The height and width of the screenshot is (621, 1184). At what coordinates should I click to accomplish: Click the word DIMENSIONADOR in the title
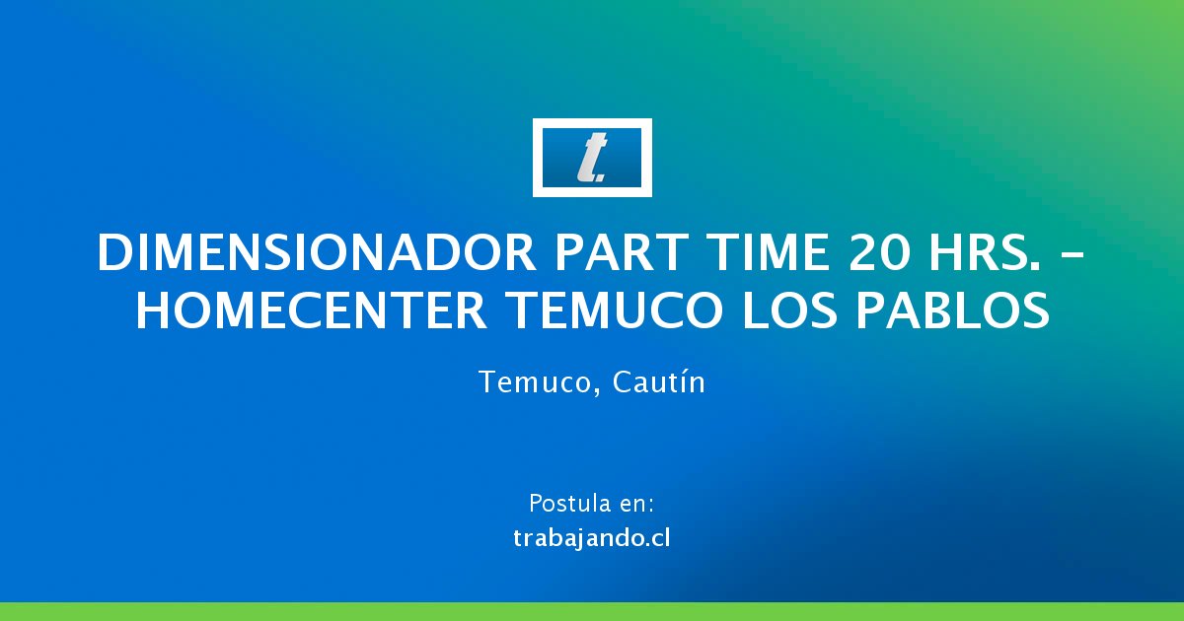click(316, 253)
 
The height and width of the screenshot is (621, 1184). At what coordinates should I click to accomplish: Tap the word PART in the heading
click(622, 253)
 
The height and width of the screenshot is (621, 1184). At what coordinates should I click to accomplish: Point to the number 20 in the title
click(878, 253)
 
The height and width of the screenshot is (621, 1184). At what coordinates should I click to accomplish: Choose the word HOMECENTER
click(312, 310)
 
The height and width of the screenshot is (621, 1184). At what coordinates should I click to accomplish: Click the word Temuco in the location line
click(536, 381)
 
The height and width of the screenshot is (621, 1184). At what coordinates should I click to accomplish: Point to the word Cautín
click(659, 381)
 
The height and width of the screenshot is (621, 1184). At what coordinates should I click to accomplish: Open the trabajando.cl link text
click(592, 538)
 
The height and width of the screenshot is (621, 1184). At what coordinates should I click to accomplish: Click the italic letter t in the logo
click(590, 158)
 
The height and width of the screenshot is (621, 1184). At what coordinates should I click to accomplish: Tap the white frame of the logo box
click(592, 123)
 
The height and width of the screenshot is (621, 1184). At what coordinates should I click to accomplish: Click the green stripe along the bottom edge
click(592, 611)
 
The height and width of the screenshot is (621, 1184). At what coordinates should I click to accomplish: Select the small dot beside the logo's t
click(601, 178)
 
